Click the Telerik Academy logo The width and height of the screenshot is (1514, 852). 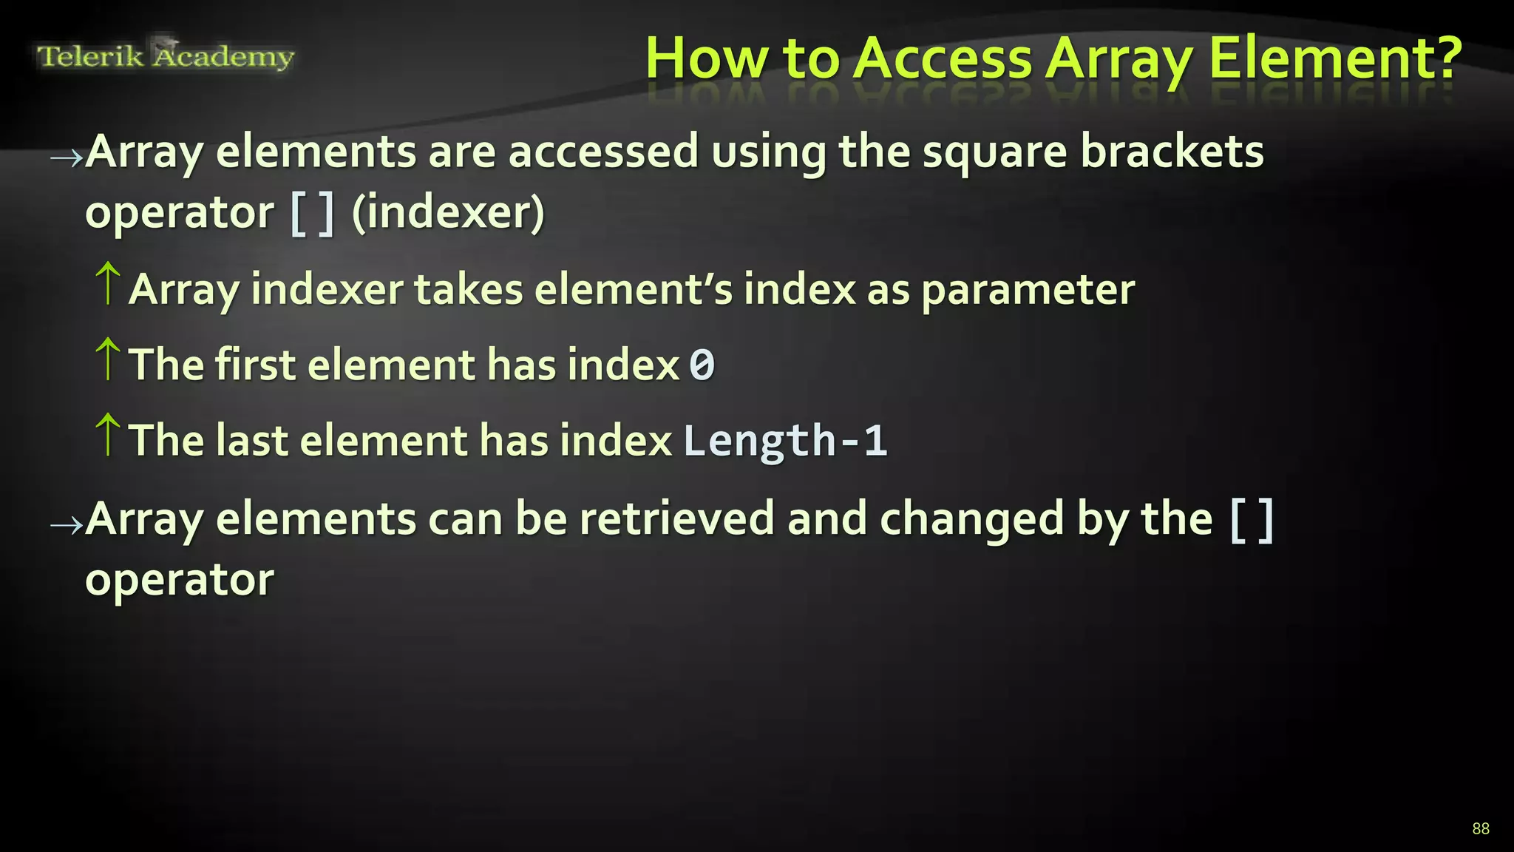click(166, 56)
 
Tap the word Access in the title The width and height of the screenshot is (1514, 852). click(943, 58)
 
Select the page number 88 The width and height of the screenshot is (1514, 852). click(1480, 828)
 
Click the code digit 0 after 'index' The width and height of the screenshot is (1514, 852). click(702, 365)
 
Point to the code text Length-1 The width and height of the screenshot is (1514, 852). click(784, 441)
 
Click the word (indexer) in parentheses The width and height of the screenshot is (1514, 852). click(448, 213)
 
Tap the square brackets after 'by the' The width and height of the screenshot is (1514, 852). click(1252, 520)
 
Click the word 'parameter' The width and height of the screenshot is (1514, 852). click(1028, 290)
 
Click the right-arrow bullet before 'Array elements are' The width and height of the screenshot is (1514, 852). click(67, 157)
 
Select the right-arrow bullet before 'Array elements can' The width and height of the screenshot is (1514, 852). click(67, 525)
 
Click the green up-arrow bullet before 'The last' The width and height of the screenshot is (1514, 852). click(108, 434)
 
